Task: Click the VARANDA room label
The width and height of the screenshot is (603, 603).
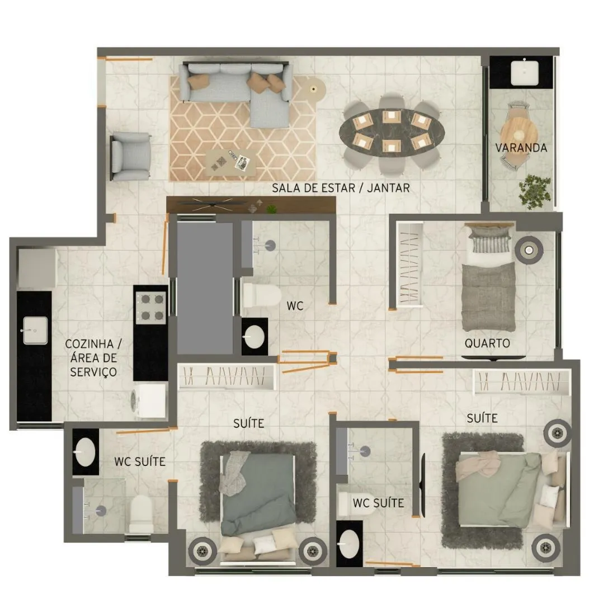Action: coord(521,148)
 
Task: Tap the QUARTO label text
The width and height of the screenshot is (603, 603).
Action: coord(487,343)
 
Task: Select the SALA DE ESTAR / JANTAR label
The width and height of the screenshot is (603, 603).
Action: coord(341,188)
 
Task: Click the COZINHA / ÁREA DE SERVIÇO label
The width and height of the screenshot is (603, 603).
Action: coord(93,358)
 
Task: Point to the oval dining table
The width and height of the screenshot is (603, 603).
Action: coord(392,132)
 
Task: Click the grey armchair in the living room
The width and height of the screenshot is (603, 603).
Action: coord(130,156)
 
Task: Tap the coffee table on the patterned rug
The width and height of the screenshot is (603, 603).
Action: coord(230,163)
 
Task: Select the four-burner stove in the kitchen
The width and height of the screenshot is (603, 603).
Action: coord(152,307)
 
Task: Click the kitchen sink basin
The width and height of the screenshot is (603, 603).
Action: coord(35,331)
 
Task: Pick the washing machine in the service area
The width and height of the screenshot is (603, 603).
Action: coord(149,401)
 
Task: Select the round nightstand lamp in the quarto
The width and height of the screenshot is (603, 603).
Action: coord(529,250)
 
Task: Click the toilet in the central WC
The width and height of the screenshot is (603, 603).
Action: coord(262,296)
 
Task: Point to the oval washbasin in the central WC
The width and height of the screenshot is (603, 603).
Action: coord(255,337)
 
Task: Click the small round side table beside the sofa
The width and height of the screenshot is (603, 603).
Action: coord(314,89)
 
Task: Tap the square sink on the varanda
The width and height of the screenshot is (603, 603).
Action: coord(525,72)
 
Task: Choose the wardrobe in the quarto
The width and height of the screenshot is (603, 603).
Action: coord(409,264)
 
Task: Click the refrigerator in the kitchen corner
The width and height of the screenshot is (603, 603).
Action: coord(37,268)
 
